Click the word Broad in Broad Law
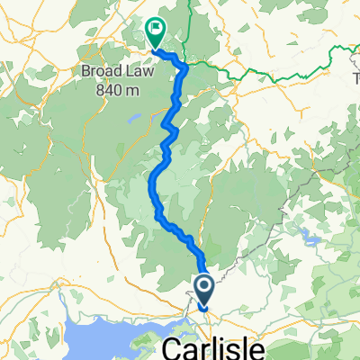pos(121,70)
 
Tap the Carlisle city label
pos(215,347)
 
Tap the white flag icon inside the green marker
pos(157,29)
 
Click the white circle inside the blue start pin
pos(204,287)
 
